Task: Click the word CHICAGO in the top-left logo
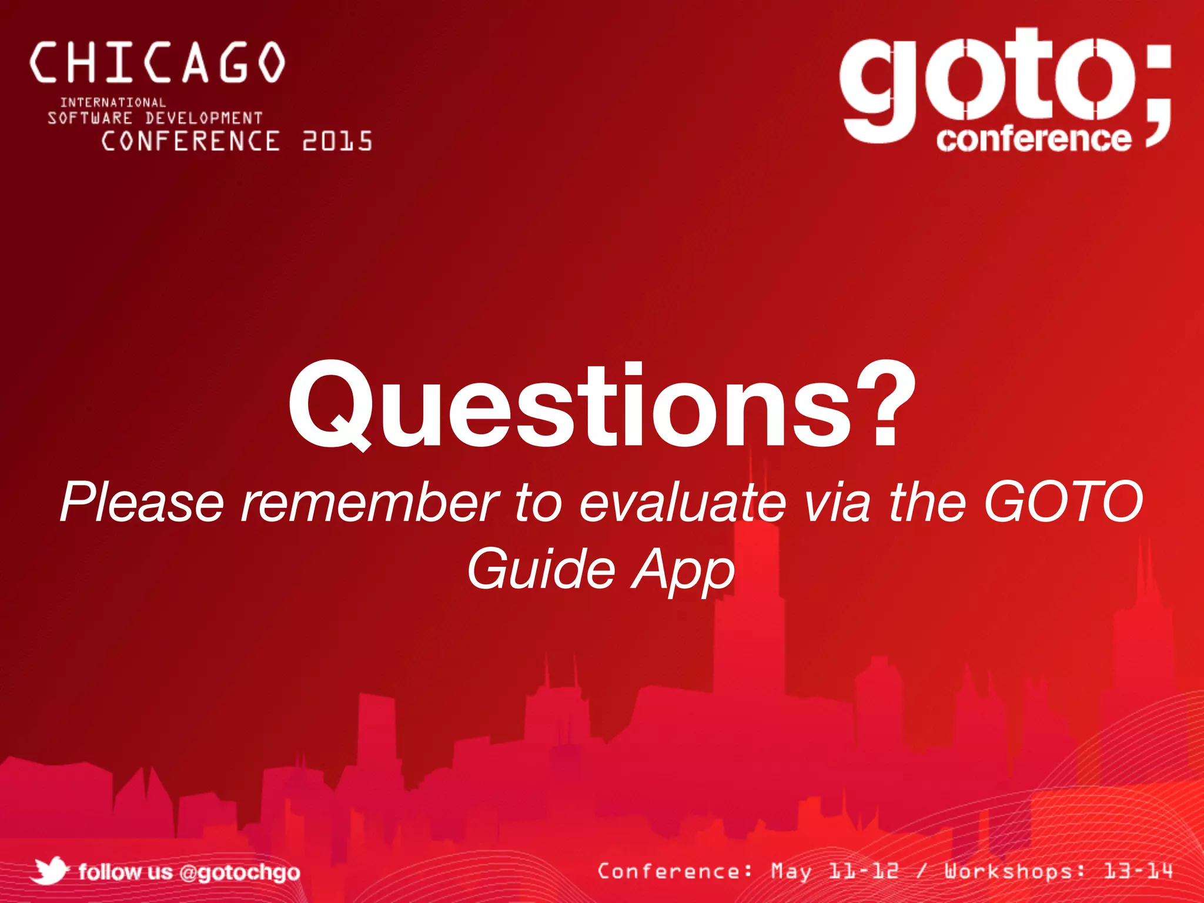158,62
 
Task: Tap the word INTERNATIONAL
113,103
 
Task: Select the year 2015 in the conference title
337,142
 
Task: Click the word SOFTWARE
90,118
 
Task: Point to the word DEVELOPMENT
203,118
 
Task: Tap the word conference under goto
1034,139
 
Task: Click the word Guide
541,568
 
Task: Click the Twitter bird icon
50,871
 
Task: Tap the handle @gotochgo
239,872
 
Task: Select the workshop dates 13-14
1138,871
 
